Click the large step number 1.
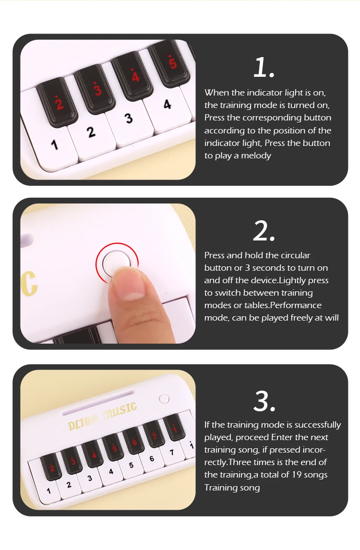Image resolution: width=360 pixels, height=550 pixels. pos(263,68)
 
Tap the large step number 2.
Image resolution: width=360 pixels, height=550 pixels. pos(263,231)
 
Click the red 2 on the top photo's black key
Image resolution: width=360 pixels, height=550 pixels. pos(60,102)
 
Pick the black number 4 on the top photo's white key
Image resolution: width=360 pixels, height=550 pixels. pos(167,104)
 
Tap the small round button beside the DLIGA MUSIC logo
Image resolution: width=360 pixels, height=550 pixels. pos(164,398)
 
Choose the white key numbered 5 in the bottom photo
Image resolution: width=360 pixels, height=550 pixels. pos(131,465)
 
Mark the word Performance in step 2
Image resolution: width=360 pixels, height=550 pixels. pos(296,305)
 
